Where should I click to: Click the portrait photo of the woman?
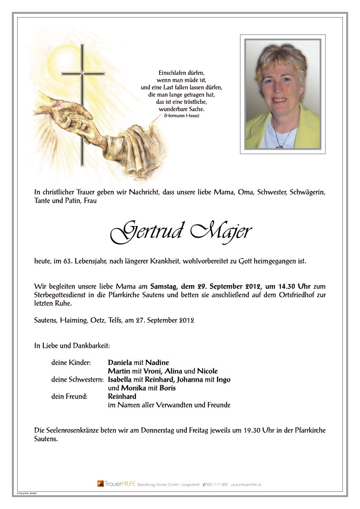point(283,94)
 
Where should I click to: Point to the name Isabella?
point(121,380)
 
